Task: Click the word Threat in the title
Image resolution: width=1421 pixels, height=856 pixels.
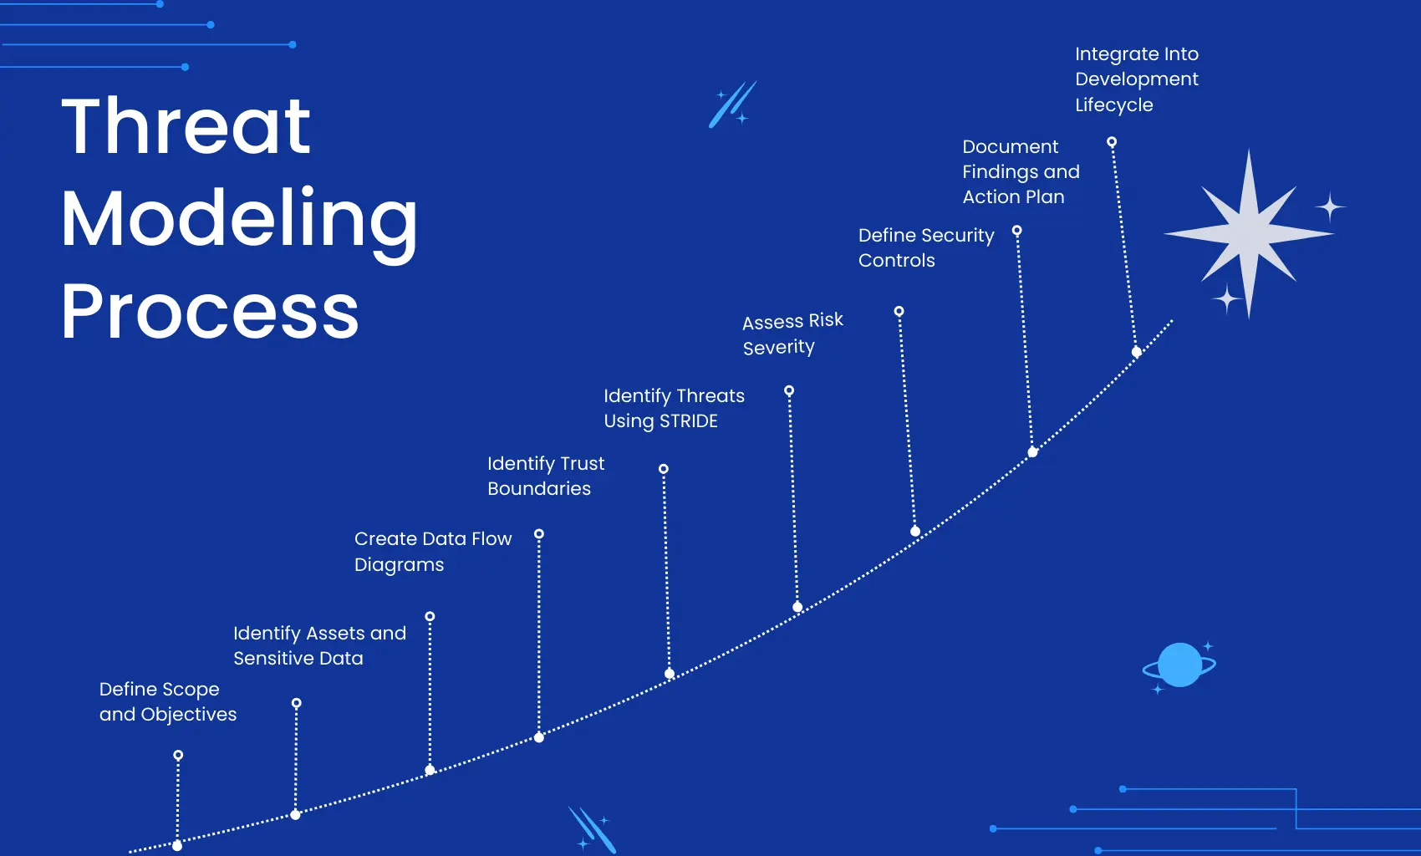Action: (x=186, y=126)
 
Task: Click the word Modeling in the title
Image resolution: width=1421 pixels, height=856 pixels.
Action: (x=239, y=219)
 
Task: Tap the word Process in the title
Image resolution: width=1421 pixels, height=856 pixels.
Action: (x=210, y=311)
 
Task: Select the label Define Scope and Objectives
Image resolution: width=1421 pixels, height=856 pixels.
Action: (x=167, y=701)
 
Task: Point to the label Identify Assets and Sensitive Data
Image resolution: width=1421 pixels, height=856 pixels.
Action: (x=319, y=645)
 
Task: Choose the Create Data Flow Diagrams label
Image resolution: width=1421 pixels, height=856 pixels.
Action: (x=432, y=551)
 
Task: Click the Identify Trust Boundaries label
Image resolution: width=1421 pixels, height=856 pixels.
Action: (x=545, y=476)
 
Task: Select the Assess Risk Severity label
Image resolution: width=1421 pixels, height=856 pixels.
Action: (x=792, y=334)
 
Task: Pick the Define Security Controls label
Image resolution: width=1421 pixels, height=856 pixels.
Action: (x=925, y=247)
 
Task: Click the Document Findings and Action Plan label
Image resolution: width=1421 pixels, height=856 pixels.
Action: (x=1021, y=171)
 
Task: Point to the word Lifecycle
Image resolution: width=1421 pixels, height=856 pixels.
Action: (x=1113, y=105)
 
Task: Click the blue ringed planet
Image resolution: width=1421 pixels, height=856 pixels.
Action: (x=1179, y=665)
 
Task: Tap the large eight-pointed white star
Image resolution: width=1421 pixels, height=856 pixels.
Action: (x=1249, y=233)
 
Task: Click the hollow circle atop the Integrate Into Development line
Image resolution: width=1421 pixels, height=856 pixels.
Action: (x=1112, y=142)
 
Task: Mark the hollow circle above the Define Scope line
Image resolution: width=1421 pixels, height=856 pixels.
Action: (x=178, y=756)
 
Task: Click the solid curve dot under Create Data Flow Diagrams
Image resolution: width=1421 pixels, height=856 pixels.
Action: (x=539, y=737)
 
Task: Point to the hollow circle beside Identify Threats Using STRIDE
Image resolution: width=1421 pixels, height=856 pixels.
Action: (x=789, y=391)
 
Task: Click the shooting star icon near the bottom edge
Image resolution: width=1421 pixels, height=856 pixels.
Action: (x=593, y=829)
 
